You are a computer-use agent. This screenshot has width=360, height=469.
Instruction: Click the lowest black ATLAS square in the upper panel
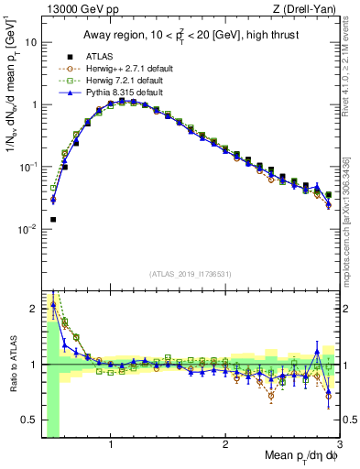(53, 220)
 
